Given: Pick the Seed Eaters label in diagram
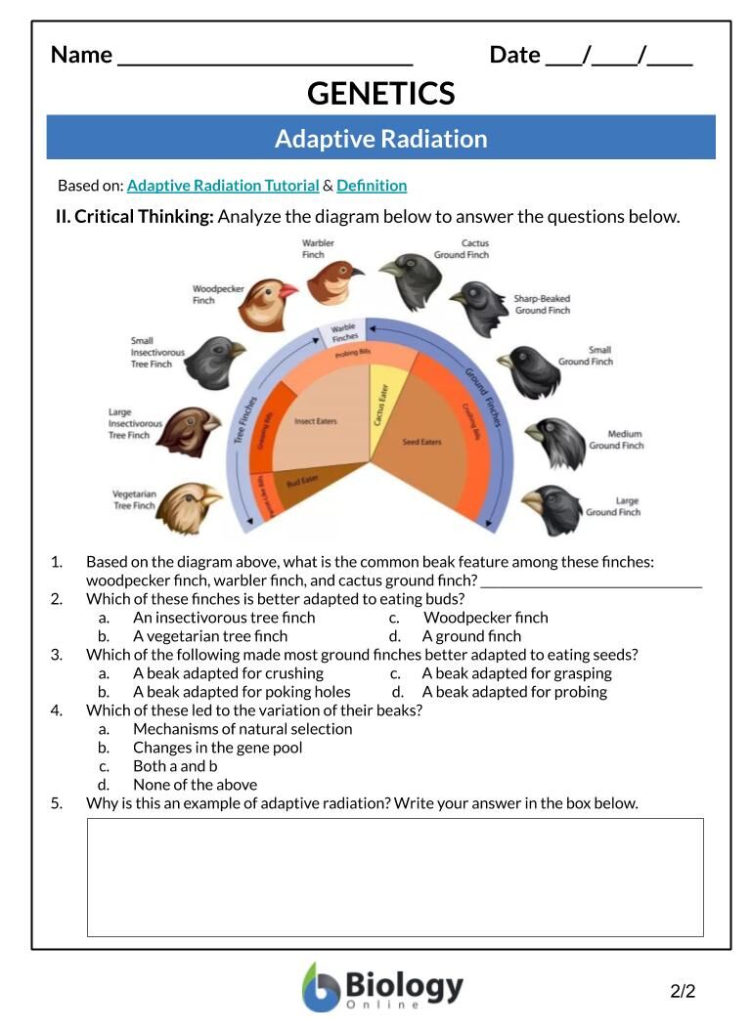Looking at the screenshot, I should [421, 442].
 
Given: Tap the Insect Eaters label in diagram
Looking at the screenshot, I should [315, 421].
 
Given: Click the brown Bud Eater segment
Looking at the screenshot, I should [302, 481].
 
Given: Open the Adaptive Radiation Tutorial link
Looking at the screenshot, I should [223, 186].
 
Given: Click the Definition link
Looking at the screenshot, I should [372, 186].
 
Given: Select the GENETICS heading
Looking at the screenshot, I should [380, 94].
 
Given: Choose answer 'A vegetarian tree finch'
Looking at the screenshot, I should [210, 636].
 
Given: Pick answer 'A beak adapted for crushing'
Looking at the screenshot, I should [228, 673].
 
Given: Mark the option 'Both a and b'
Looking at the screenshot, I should [175, 766].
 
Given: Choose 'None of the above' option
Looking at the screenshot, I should [195, 785].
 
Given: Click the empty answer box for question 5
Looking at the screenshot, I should [395, 877].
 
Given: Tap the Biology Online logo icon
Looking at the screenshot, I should [321, 987].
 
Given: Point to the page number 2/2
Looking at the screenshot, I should [683, 992].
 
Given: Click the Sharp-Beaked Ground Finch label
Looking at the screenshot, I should [542, 304].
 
